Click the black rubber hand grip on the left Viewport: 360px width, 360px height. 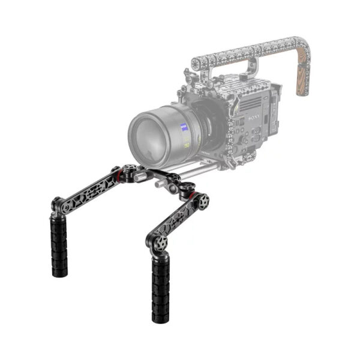click(59, 241)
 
